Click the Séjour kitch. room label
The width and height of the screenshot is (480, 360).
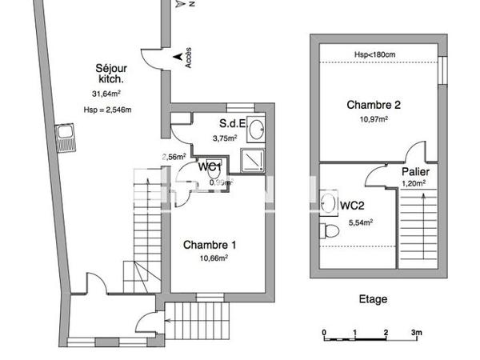(111, 74)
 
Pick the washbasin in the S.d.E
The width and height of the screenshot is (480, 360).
(256, 128)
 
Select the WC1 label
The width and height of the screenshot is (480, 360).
(210, 167)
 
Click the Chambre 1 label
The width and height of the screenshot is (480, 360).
(209, 245)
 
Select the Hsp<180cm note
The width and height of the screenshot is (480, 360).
(375, 54)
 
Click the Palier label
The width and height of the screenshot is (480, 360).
(415, 171)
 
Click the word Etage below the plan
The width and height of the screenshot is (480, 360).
(372, 299)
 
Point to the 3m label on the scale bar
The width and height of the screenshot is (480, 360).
(416, 332)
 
